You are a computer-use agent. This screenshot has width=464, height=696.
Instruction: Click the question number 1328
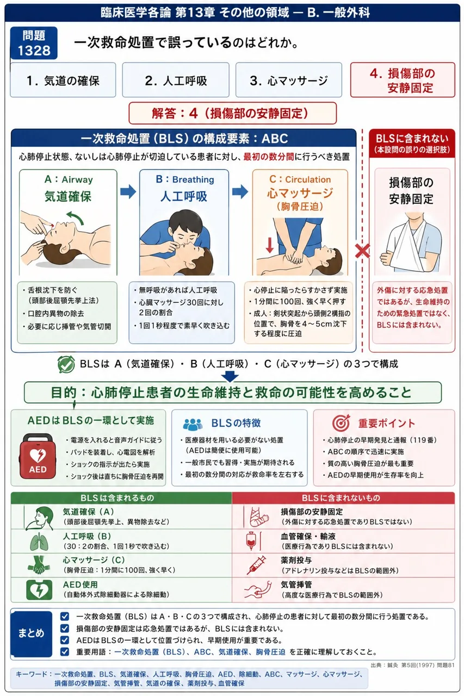[34, 51]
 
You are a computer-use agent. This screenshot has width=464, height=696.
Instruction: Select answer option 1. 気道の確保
[63, 80]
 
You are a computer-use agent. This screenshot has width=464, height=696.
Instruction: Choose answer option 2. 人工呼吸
[176, 80]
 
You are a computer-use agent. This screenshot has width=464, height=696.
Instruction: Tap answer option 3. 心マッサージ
[289, 80]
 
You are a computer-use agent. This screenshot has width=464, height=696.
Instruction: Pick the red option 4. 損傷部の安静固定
[403, 80]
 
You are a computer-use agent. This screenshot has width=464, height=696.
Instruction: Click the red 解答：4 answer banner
[232, 113]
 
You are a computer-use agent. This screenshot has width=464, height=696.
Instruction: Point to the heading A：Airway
[69, 179]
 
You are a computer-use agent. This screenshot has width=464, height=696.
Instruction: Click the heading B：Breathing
[185, 179]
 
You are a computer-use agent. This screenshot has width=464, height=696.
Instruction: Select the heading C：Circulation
[300, 179]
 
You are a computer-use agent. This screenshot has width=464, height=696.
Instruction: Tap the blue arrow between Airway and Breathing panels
[128, 191]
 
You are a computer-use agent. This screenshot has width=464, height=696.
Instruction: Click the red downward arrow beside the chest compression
[270, 245]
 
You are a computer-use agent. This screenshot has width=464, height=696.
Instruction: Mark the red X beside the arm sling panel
[362, 251]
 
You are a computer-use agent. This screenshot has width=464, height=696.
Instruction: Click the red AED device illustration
[38, 456]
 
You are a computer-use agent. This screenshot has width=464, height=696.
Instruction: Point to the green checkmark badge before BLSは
[66, 364]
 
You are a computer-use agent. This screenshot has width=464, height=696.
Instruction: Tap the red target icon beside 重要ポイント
[341, 422]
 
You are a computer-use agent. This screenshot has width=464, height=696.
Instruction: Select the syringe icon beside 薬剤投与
[257, 565]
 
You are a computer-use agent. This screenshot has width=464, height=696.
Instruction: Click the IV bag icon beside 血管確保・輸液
[251, 540]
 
